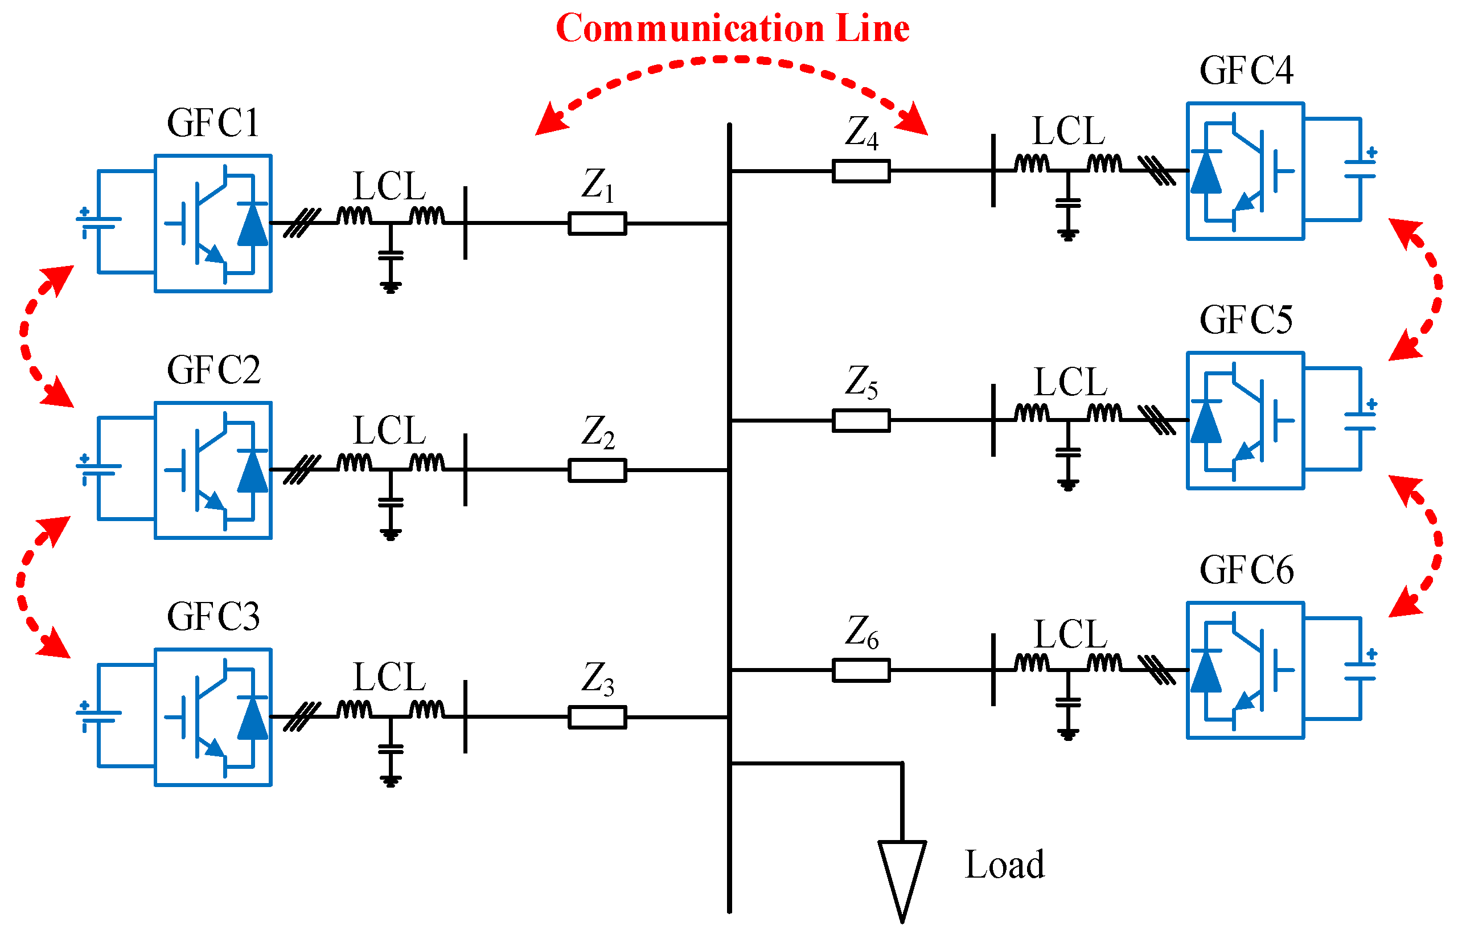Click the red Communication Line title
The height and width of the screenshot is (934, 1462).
[732, 28]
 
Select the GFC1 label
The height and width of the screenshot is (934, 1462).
[213, 123]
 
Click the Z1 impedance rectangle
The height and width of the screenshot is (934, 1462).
[597, 223]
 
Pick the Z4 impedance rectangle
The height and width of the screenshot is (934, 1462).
[860, 171]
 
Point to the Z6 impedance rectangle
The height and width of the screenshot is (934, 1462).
[860, 670]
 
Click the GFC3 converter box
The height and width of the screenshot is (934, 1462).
[212, 717]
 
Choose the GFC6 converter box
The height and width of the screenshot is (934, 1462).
[1245, 670]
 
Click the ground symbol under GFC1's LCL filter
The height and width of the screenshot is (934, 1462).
[391, 286]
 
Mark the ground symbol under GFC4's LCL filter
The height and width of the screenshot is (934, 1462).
[1067, 235]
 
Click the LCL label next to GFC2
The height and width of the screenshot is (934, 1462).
[389, 431]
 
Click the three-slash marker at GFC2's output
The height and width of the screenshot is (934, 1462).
[302, 469]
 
